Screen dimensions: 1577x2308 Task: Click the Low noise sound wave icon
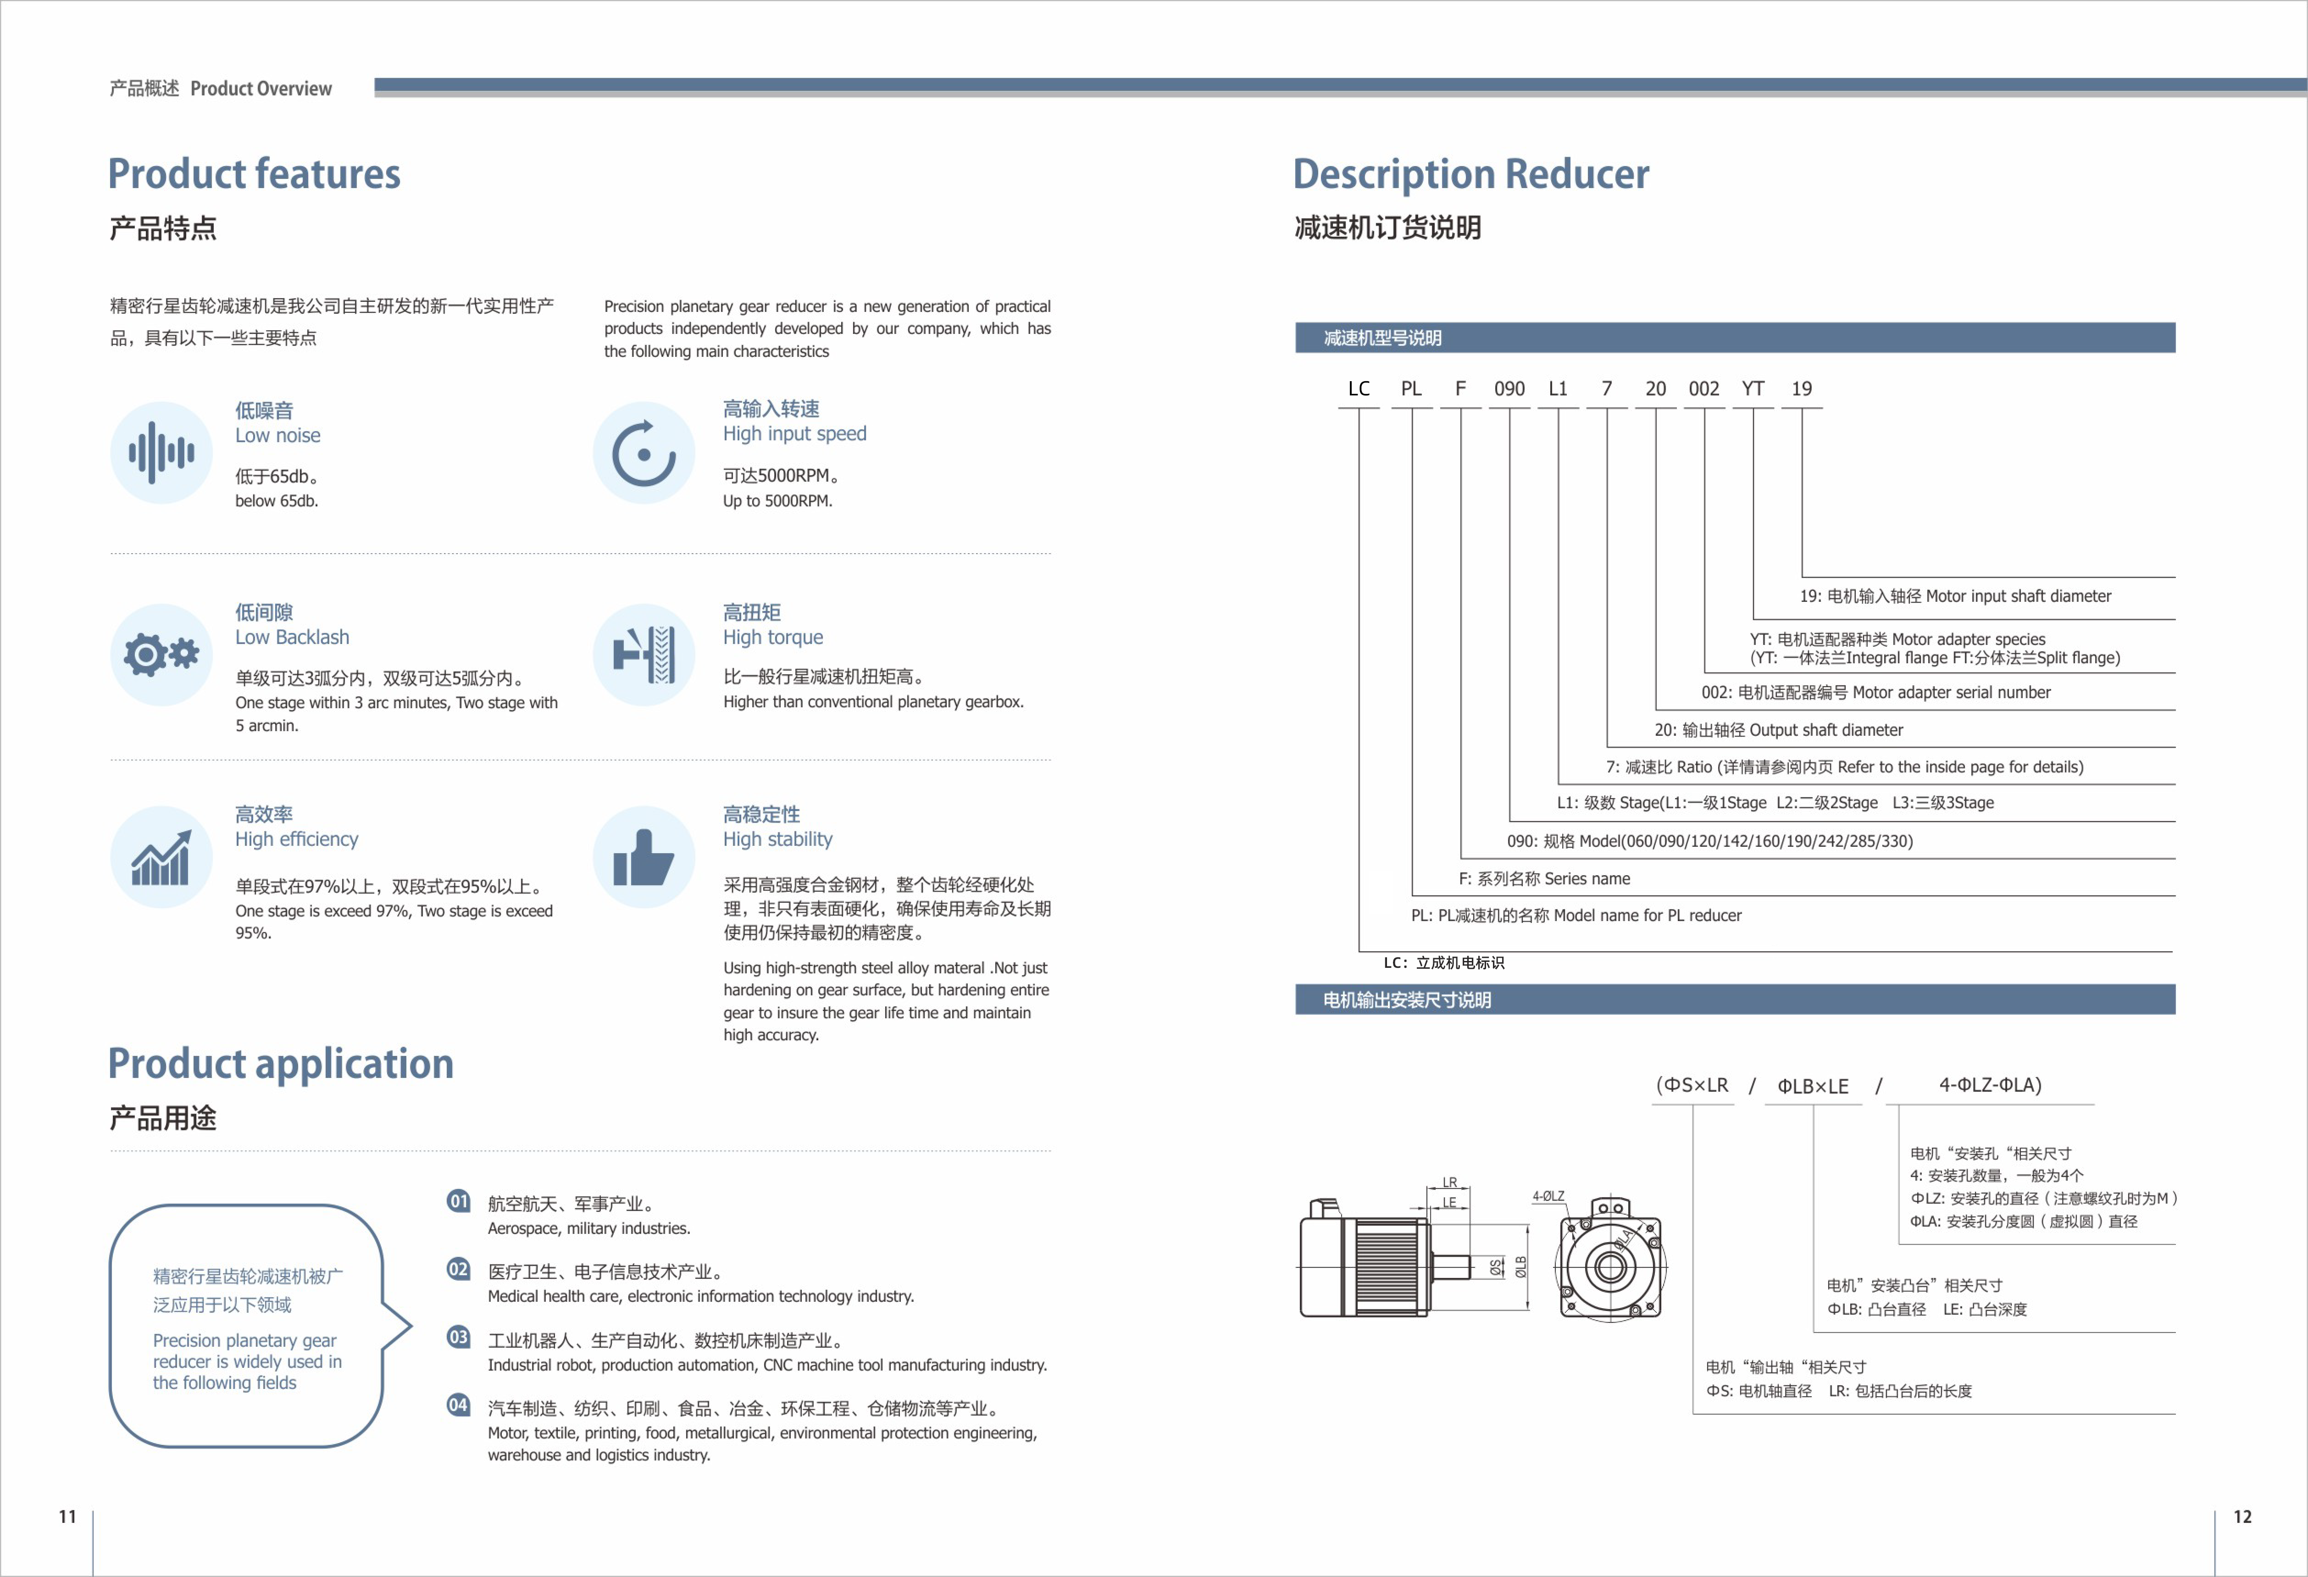161,453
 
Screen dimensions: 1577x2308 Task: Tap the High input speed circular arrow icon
644,453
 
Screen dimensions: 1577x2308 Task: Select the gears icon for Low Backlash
161,655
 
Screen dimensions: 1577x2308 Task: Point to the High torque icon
644,655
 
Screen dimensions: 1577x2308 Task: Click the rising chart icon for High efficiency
161,857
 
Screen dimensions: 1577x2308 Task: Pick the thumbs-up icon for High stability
644,857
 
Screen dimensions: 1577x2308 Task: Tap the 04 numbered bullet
458,1405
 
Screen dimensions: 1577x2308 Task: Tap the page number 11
67,1516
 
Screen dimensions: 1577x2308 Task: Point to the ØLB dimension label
1520,1267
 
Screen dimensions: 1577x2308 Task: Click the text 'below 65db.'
276,500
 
